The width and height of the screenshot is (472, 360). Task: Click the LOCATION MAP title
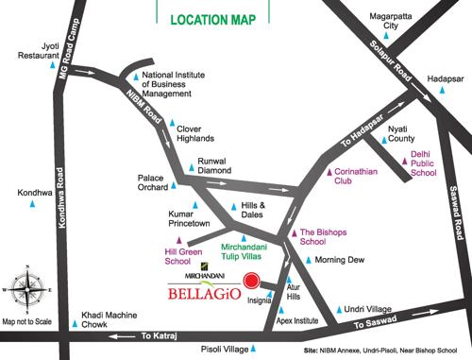pos(213,19)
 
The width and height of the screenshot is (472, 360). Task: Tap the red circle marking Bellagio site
pos(251,280)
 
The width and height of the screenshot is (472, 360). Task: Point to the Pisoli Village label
pos(225,350)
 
